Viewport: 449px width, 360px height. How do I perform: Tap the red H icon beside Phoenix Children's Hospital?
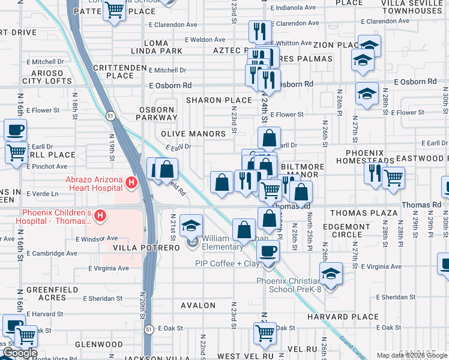pyautogui.click(x=101, y=214)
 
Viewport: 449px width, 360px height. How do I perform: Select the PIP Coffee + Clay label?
pyautogui.click(x=227, y=263)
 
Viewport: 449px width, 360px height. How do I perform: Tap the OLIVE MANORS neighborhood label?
pyautogui.click(x=193, y=134)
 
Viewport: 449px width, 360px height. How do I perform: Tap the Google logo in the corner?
pyautogui.click(x=19, y=353)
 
